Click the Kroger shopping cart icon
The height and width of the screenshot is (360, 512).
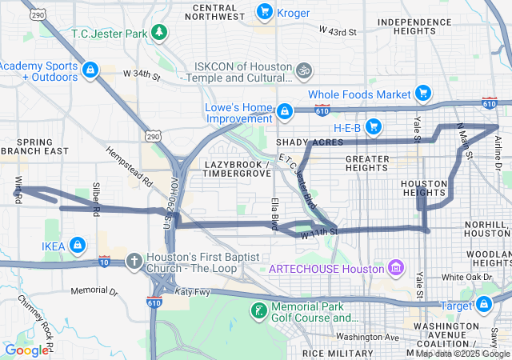point(264,11)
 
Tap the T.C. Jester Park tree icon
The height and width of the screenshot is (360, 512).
point(160,31)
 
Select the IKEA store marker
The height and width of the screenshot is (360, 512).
point(78,245)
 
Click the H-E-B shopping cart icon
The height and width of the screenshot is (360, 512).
point(373,126)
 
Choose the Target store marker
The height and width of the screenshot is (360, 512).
point(484,305)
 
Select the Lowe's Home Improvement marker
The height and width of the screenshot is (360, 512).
point(283,110)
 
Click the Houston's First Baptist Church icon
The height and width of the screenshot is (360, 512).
point(135,262)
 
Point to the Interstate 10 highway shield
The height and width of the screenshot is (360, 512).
point(104,261)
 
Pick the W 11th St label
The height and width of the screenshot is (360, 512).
point(320,233)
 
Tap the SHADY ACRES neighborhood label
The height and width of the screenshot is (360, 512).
point(303,142)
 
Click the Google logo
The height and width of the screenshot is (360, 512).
point(26,350)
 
